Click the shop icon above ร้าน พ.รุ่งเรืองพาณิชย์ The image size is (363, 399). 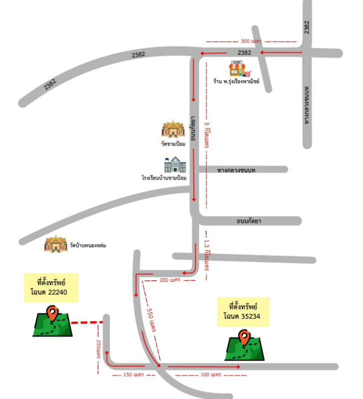[x=240, y=69]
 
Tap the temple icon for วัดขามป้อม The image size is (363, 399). [x=173, y=129]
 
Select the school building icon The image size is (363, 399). [x=175, y=165]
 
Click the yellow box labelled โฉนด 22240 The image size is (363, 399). [x=51, y=288]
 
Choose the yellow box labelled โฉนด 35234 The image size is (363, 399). [x=243, y=312]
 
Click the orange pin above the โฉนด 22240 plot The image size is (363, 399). [x=52, y=313]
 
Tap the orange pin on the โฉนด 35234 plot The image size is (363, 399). [x=244, y=338]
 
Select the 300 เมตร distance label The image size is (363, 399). [x=251, y=41]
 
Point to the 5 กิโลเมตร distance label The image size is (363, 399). [x=207, y=135]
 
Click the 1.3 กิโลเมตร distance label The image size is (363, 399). [x=207, y=255]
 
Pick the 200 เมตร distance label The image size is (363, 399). [x=170, y=280]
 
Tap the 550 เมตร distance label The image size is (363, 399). [x=151, y=320]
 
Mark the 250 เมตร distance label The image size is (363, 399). [x=98, y=349]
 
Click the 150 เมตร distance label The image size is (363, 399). [x=133, y=375]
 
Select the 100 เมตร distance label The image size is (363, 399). [x=211, y=375]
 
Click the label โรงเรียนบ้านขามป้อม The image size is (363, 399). [x=164, y=178]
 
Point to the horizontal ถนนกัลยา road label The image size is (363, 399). [x=249, y=221]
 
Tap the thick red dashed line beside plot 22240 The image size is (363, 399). [x=87, y=323]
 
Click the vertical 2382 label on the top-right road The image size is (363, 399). [x=307, y=27]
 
